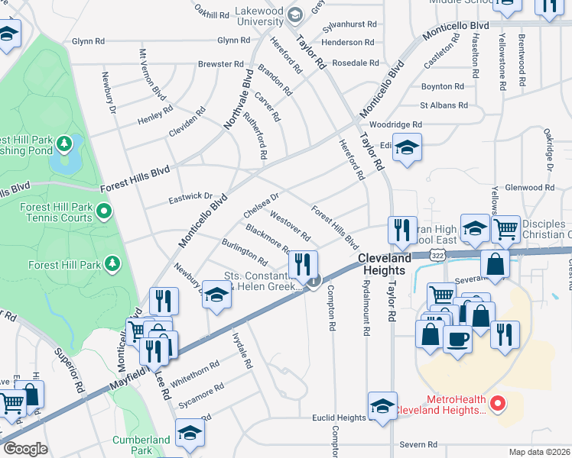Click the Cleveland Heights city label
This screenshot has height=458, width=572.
[393, 264]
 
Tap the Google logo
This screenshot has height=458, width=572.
[25, 449]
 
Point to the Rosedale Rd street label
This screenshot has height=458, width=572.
[351, 63]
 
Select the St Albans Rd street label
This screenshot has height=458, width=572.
[444, 105]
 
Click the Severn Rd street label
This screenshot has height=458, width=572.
[421, 444]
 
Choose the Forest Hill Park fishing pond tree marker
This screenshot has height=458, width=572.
[65, 143]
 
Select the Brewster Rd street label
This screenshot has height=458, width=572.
[220, 64]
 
